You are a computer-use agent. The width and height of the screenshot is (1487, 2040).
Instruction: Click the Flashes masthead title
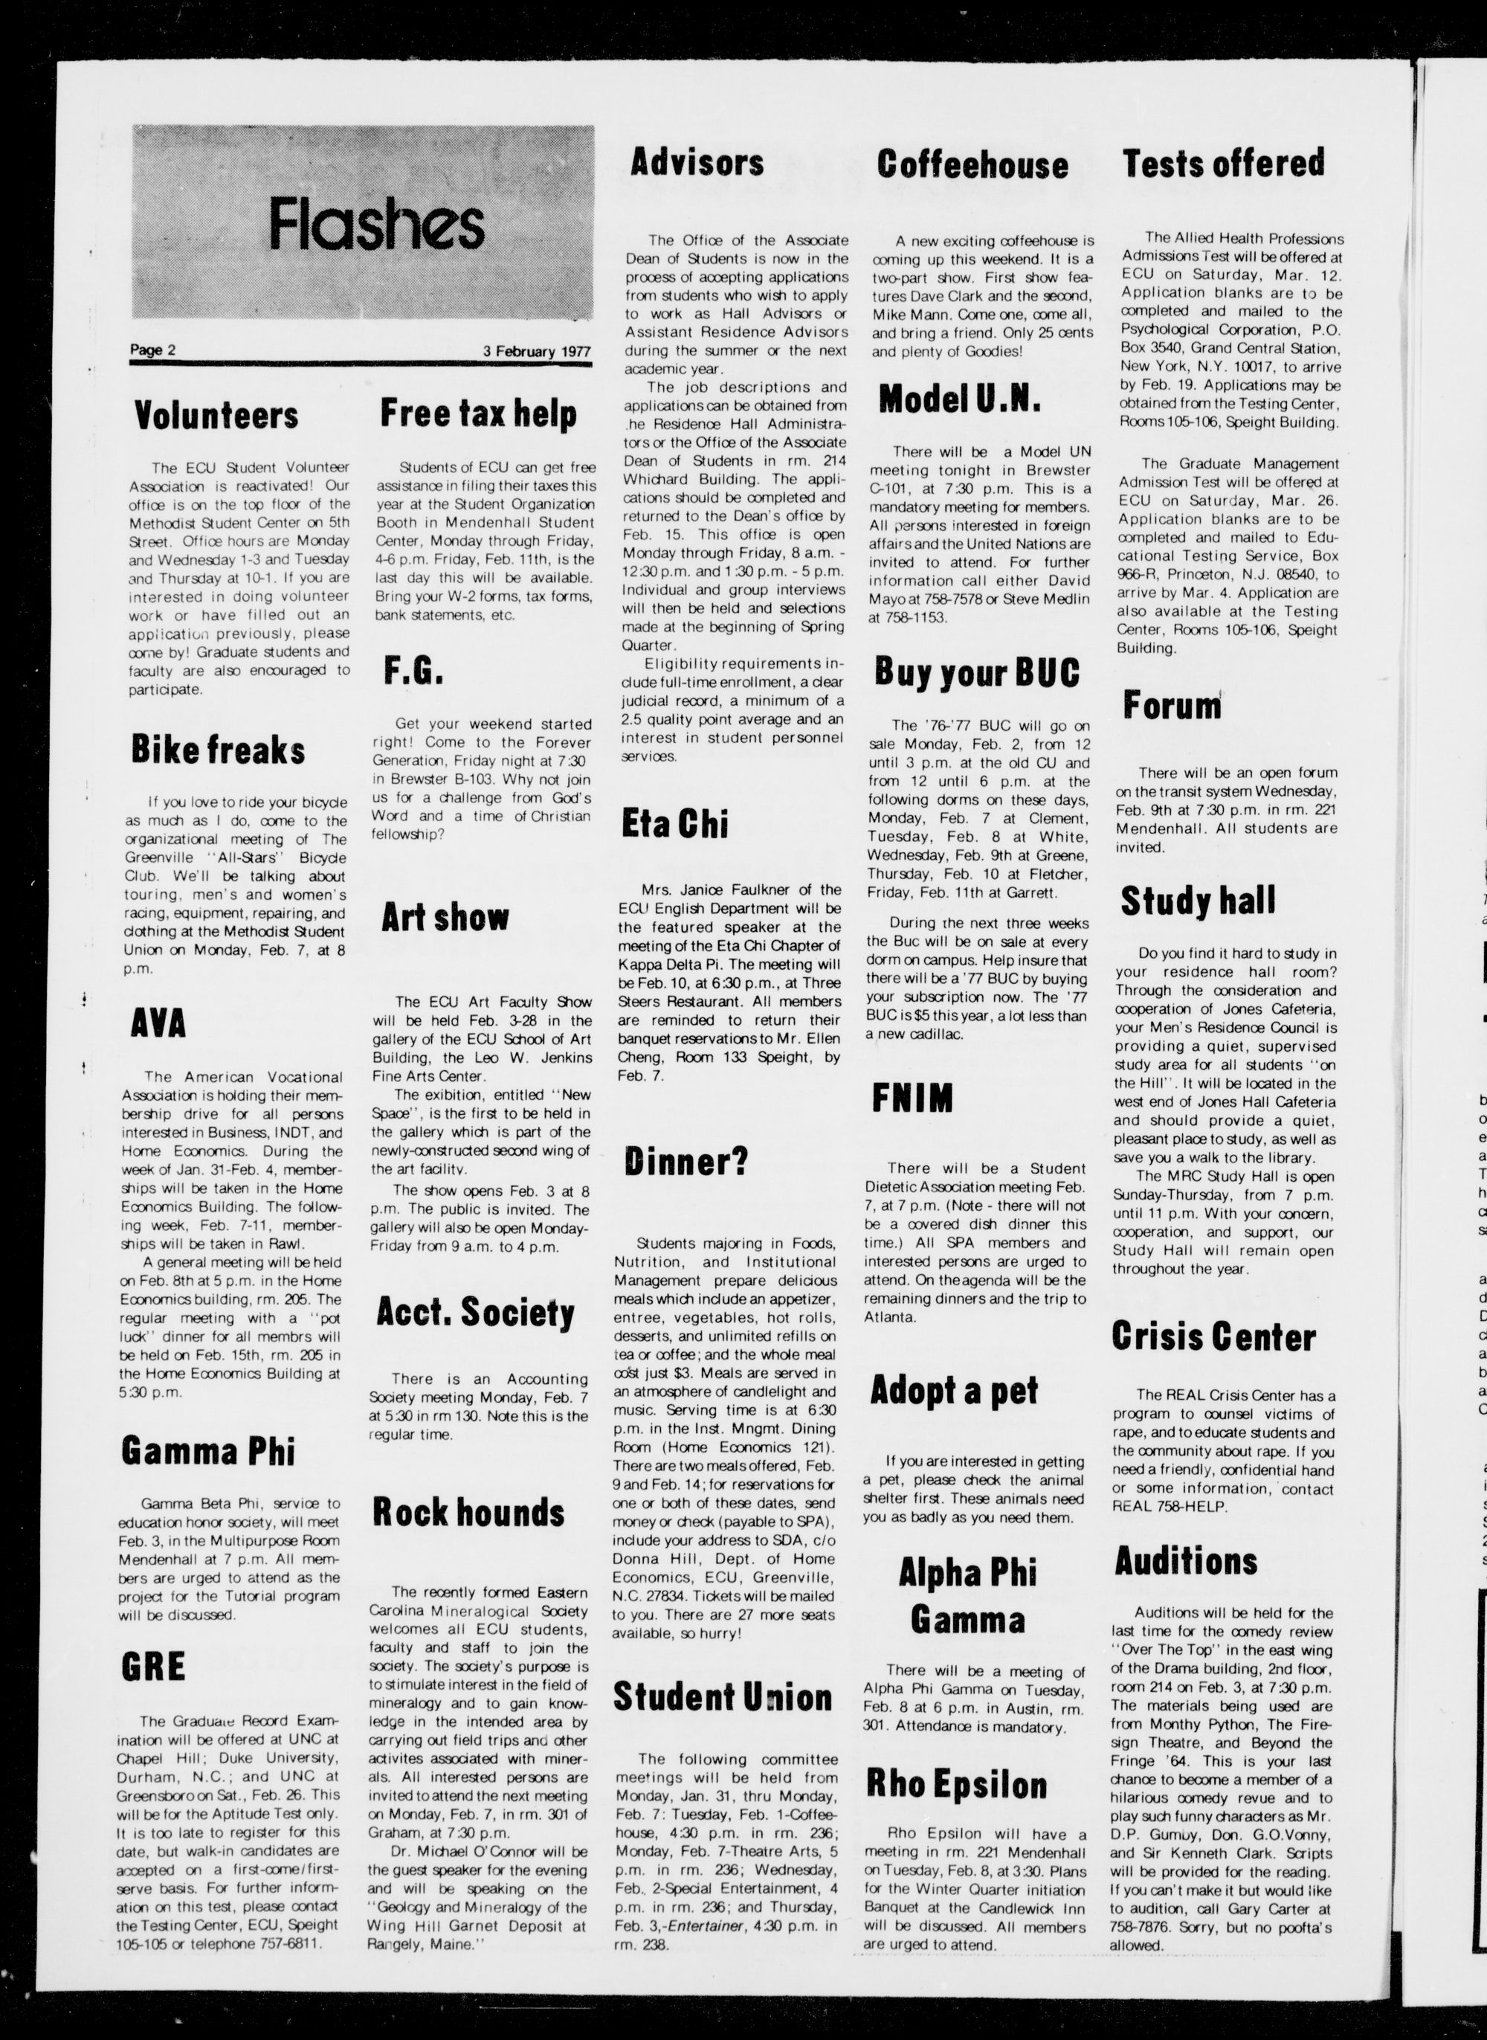(376, 226)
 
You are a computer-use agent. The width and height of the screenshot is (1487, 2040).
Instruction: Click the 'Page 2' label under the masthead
(152, 350)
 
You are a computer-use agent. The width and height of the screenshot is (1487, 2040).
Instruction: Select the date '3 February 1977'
(537, 352)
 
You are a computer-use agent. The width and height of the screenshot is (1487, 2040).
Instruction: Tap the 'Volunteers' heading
(216, 416)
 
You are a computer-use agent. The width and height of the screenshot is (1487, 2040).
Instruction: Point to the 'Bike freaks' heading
(218, 750)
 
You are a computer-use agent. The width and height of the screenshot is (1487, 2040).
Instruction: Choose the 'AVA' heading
(158, 1023)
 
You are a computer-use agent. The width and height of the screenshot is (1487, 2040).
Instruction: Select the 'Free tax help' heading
(478, 414)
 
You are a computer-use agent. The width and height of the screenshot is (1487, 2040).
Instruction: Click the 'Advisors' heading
(697, 163)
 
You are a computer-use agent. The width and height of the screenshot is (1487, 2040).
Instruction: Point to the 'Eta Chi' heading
(675, 825)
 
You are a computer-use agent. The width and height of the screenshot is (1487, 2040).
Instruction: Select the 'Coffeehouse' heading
(973, 165)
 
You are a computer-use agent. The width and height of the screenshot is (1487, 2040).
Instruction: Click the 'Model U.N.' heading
(960, 399)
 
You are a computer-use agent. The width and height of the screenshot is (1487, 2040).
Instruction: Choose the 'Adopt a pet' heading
(953, 1391)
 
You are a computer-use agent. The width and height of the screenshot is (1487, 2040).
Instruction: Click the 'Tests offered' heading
(1223, 163)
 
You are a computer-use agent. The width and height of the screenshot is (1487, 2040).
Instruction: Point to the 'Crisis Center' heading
(1213, 1337)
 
